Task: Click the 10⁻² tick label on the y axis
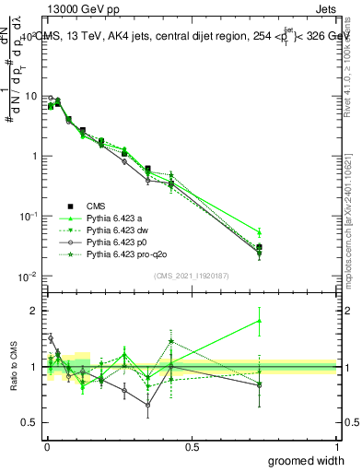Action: click(x=28, y=277)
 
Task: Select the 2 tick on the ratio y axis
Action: click(x=36, y=311)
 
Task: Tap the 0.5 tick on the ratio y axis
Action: click(x=31, y=422)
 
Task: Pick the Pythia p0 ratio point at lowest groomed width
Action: click(x=51, y=338)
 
